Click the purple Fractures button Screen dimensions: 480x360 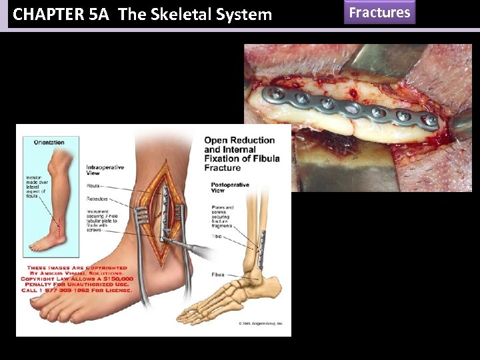(x=379, y=13)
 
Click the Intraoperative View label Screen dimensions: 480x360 (x=105, y=170)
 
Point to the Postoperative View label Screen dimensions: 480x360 (x=229, y=187)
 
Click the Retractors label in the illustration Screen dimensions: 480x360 (x=97, y=199)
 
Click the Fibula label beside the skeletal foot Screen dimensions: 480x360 (x=217, y=275)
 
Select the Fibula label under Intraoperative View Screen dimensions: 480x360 (x=93, y=185)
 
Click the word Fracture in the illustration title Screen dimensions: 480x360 (x=223, y=168)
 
